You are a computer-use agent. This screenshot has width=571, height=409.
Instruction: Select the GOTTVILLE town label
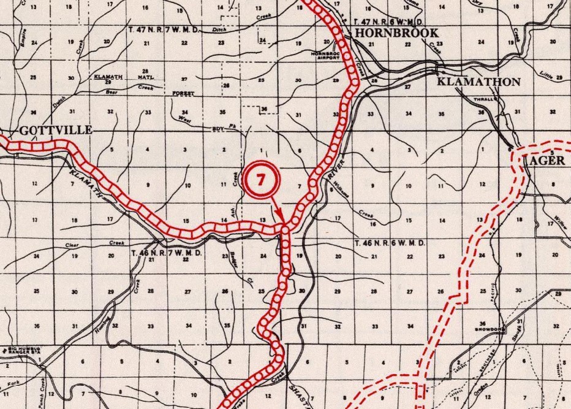click(x=56, y=130)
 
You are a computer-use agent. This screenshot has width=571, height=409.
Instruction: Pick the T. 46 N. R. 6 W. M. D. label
click(x=390, y=243)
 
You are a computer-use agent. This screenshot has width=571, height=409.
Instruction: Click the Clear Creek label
click(x=92, y=245)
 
